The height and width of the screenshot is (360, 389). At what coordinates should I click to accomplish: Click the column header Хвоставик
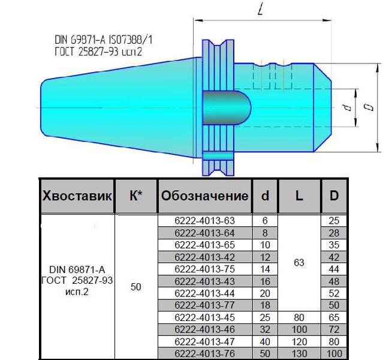(77, 196)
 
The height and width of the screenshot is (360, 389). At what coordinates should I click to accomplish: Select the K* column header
(136, 196)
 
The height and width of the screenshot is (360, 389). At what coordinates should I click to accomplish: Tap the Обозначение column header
(205, 196)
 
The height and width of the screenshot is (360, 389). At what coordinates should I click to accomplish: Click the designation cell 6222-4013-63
(204, 220)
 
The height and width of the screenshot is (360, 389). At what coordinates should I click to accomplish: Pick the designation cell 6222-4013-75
(204, 269)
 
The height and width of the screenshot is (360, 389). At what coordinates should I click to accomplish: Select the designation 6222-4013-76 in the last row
(204, 353)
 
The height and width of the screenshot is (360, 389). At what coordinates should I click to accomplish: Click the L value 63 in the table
(299, 262)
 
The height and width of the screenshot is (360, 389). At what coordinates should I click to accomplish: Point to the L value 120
(300, 341)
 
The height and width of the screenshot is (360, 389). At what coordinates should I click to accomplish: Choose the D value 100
(334, 353)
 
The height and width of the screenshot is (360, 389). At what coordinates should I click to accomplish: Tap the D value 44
(334, 269)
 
